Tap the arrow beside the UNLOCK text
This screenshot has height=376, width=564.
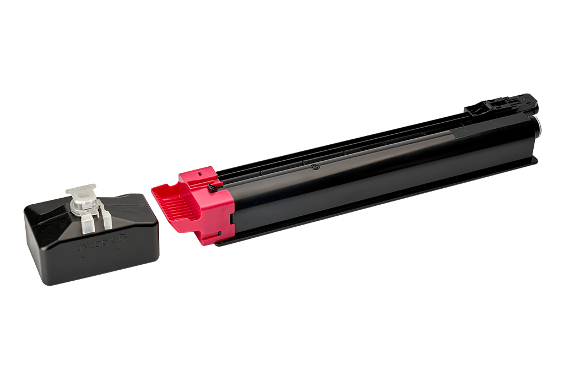pos(124,238)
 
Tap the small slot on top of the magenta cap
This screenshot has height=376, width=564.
pos(200,173)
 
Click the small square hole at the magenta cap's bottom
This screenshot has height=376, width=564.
pos(219,233)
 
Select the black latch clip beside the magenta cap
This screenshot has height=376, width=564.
pos(215,187)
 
